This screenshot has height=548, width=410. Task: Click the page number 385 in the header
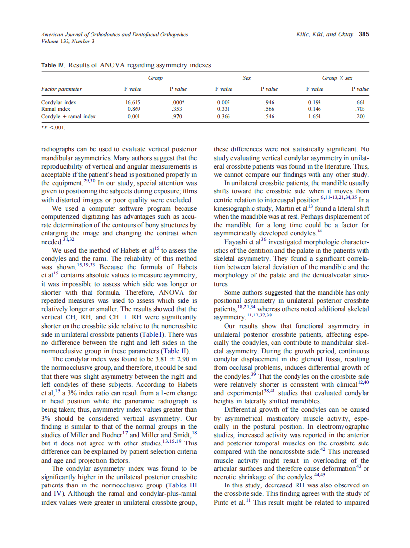pos(364,34)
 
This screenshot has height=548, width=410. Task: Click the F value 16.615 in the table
pos(134,103)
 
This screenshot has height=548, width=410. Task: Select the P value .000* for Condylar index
pos(178,103)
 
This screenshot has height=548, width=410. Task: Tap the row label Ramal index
pos(55,109)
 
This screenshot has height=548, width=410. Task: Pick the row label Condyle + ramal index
pos(68,117)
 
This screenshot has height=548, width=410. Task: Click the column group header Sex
pos(247,78)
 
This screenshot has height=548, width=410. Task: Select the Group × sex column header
pos(337,78)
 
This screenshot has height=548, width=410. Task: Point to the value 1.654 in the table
pos(314,117)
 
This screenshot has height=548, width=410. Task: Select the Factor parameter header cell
pos(61,89)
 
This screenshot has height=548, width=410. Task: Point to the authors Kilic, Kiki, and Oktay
pos(325,34)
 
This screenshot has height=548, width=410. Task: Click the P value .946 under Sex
pos(269,103)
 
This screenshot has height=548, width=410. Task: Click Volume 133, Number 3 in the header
pos(68,41)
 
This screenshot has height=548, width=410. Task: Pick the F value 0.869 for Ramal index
pos(134,109)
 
